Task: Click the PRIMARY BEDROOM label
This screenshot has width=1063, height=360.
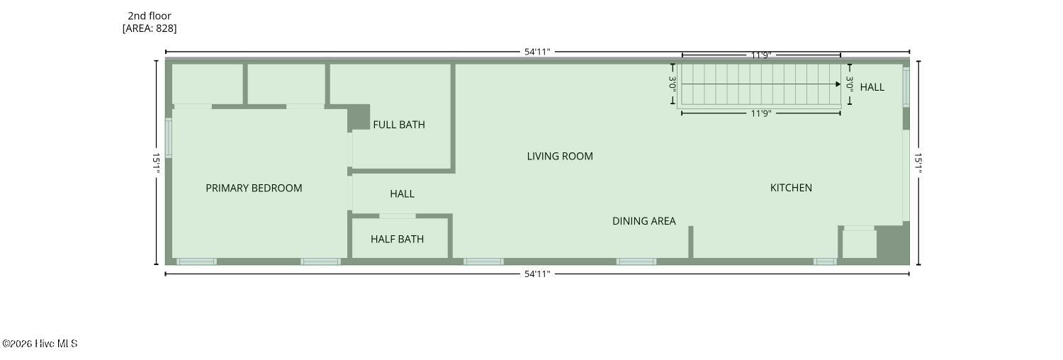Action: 254,189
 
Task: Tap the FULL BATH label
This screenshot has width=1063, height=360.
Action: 398,125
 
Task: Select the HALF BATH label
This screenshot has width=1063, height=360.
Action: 397,239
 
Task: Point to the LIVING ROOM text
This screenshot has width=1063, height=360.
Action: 560,156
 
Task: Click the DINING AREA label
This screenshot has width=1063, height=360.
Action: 644,221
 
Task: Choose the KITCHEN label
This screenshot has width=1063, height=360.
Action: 791,188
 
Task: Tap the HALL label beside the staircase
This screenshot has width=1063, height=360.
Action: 872,87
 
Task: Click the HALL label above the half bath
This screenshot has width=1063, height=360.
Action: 402,193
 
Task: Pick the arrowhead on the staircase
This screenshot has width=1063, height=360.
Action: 838,84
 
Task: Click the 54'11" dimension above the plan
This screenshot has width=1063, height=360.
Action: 537,52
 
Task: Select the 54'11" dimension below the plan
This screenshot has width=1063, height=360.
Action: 537,274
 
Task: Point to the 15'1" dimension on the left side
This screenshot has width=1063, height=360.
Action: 156,163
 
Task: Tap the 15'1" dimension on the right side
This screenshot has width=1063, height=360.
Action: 918,163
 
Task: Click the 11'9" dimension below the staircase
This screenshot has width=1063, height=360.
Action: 761,113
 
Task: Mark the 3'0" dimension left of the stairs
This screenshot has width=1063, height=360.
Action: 673,84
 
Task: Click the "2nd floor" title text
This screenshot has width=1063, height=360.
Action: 150,16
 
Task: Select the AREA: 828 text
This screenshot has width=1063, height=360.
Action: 150,28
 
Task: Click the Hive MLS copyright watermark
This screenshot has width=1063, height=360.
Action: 40,344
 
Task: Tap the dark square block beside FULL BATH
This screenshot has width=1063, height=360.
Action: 359,117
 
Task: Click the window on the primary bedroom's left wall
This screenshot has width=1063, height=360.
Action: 168,137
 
